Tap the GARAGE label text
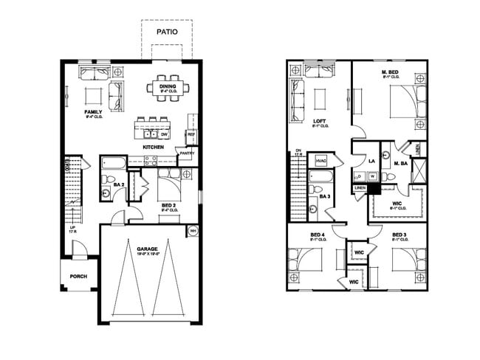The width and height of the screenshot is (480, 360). tap(148, 249)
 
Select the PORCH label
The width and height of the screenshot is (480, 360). tap(78, 277)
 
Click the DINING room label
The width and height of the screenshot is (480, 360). tap(168, 86)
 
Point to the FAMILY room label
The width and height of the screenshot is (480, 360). tap(93, 112)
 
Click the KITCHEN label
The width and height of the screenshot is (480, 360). tap(153, 147)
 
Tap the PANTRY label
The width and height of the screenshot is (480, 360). tap(186, 153)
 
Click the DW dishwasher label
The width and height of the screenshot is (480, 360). tap(165, 135)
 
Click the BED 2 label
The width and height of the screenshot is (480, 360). tap(168, 205)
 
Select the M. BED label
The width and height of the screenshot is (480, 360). tap(391, 72)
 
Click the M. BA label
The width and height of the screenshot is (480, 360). tap(401, 163)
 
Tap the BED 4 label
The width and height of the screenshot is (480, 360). tap(318, 235)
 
